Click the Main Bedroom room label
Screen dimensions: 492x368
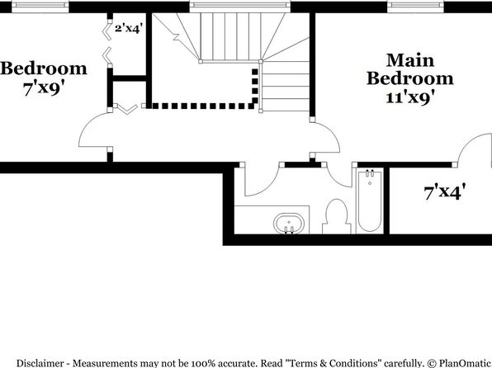[x=410, y=69]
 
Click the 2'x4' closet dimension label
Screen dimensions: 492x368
[x=129, y=29]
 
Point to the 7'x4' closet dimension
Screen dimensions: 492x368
[x=444, y=191]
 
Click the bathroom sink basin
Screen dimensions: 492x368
[x=289, y=224]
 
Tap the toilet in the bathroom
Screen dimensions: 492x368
[x=336, y=216]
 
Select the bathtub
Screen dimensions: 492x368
[x=370, y=201]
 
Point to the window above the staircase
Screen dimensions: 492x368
[x=240, y=5]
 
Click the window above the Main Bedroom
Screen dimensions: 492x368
[x=416, y=5]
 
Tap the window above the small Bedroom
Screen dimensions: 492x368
[x=40, y=5]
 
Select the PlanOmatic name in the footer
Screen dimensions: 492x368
[x=464, y=363]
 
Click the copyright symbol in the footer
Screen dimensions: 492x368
[x=432, y=363]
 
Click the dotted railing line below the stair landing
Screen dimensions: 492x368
[x=202, y=106]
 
